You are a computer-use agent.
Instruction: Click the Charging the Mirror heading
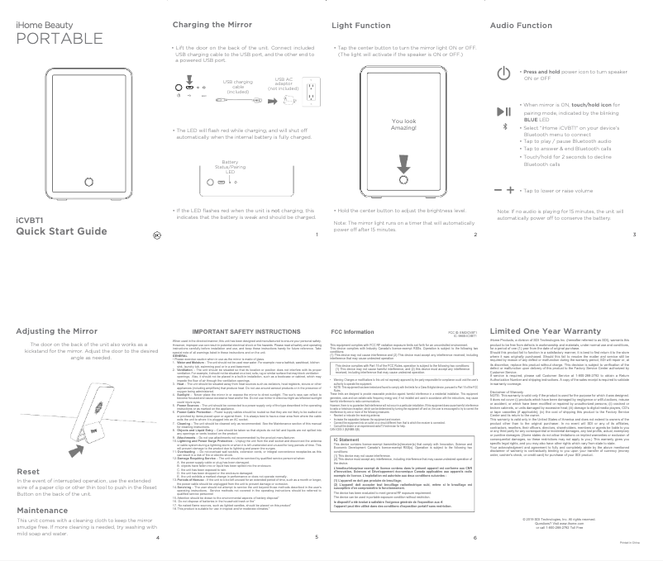206,26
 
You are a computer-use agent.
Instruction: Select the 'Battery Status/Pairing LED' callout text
230,168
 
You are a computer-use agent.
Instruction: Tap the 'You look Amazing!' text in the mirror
404,124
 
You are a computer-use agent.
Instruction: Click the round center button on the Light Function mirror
403,183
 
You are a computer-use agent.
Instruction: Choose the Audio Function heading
521,26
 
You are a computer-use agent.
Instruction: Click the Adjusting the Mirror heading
57,331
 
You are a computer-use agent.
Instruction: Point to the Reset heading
27,449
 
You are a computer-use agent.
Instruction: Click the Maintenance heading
41,487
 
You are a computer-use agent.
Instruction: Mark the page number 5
316,536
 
